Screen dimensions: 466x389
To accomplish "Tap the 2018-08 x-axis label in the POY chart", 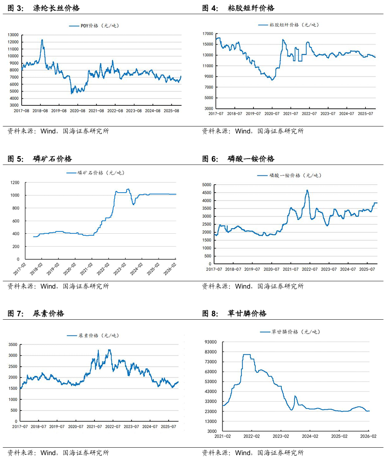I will [41, 111].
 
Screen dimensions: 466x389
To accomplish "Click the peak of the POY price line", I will [42, 40].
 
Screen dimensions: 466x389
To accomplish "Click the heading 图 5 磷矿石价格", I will [40, 159].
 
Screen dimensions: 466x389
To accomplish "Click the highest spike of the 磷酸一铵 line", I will [307, 190].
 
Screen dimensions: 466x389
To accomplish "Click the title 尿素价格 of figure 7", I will [48, 313].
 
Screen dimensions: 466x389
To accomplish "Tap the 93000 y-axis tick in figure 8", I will [211, 342].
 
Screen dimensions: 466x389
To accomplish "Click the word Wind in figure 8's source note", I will [243, 452].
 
